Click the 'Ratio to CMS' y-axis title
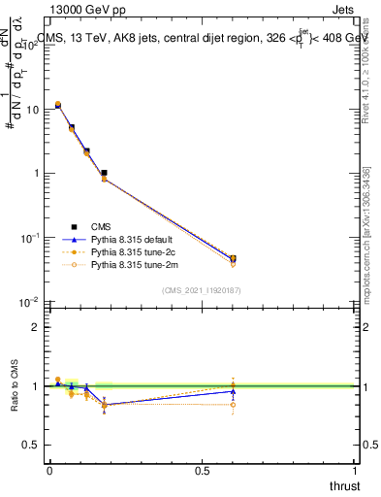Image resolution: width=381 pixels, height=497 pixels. click(16, 386)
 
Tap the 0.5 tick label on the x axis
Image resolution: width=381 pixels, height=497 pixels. click(202, 471)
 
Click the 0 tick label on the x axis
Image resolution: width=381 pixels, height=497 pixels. click(48, 471)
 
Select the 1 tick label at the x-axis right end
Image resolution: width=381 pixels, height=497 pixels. click(356, 471)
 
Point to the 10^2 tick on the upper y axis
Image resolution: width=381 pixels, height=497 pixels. click(31, 46)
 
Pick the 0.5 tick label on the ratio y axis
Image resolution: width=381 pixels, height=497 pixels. click(33, 445)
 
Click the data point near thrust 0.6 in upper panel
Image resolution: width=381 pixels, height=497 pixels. click(233, 259)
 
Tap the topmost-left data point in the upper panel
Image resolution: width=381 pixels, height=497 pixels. click(58, 105)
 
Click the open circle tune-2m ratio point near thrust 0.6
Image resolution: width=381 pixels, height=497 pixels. click(233, 405)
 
